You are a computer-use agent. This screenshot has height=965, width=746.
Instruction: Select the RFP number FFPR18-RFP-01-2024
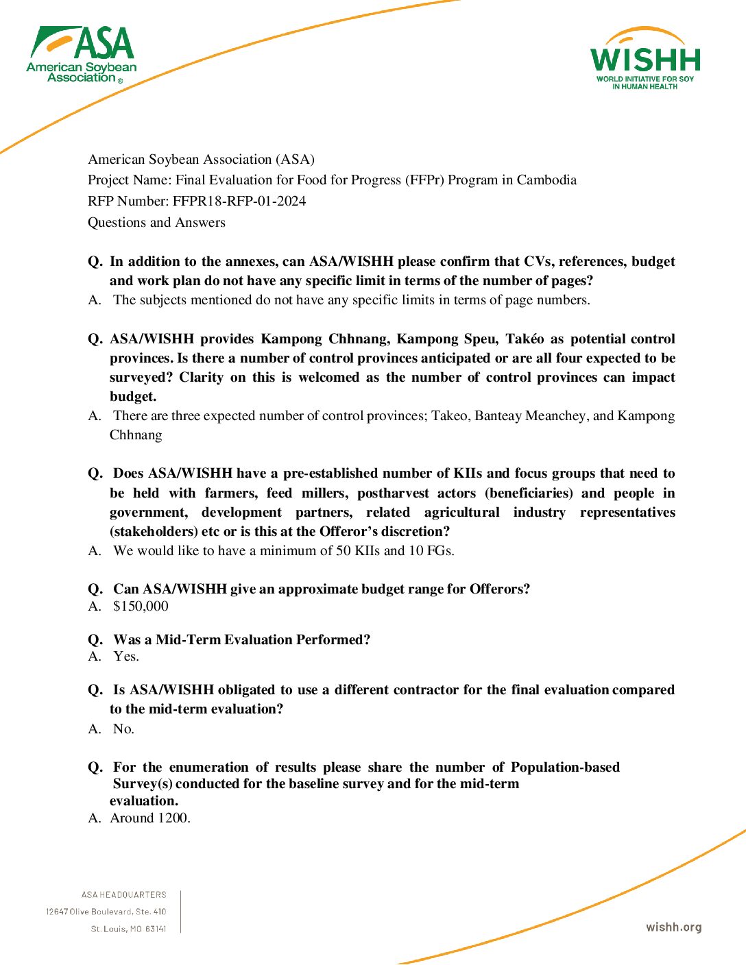coord(239,201)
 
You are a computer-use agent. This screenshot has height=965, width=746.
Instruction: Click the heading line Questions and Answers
coord(156,222)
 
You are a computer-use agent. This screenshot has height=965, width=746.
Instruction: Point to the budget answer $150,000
coord(141,606)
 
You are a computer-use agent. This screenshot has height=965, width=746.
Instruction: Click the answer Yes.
coord(126,656)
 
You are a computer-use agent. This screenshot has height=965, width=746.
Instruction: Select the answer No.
coord(123,729)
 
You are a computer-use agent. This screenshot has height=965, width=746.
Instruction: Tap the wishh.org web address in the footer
coord(673,927)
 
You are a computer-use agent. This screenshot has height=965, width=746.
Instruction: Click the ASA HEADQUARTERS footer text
coord(123,894)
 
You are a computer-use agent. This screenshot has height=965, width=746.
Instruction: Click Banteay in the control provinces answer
coord(498,415)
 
